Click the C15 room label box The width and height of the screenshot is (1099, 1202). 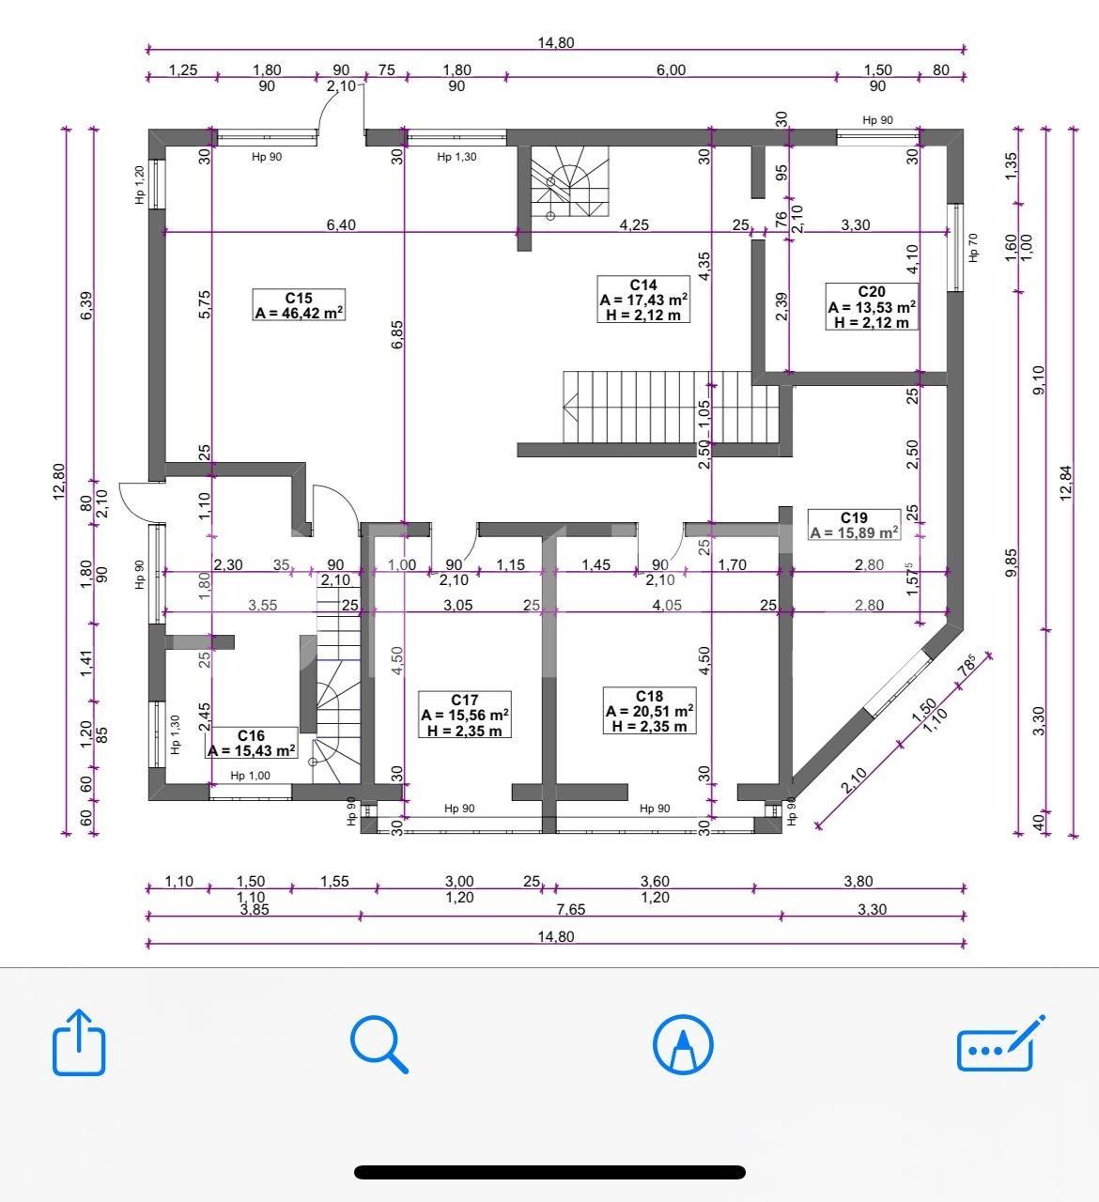tap(299, 305)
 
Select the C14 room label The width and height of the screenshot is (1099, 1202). tap(642, 300)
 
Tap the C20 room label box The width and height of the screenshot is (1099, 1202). tap(871, 307)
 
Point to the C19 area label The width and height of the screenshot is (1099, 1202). tap(854, 525)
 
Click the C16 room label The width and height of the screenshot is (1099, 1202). tap(252, 743)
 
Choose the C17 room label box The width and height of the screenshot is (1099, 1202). tap(465, 715)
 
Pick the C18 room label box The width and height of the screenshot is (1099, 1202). tap(649, 711)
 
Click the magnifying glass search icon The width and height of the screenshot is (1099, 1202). tap(379, 1043)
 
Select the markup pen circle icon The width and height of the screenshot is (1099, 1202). tap(683, 1043)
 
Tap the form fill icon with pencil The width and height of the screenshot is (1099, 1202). tap(999, 1043)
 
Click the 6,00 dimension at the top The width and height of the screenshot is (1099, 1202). tap(671, 69)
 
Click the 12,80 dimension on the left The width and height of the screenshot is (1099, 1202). tap(58, 482)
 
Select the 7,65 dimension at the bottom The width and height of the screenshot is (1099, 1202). tap(570, 909)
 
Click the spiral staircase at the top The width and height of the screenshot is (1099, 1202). tap(569, 183)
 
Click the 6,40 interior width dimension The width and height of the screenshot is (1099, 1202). tap(341, 225)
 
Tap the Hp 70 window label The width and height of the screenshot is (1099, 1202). tap(973, 248)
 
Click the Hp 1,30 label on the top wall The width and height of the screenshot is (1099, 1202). tap(457, 157)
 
